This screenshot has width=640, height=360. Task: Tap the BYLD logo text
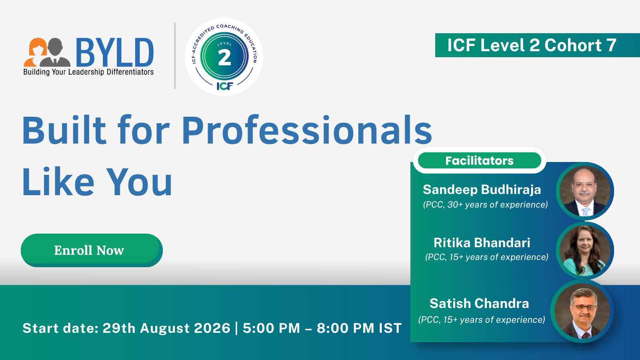[x=115, y=52]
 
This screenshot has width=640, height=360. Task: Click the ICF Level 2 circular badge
[x=224, y=56]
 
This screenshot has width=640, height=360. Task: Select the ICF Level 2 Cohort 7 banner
[x=538, y=45]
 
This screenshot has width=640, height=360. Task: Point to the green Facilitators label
[x=480, y=160]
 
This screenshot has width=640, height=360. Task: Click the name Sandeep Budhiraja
[x=482, y=190]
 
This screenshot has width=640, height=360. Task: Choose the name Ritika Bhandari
[x=482, y=242]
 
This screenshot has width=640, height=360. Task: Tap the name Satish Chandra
[x=479, y=303]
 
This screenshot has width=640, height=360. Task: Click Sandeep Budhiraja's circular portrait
[x=585, y=191]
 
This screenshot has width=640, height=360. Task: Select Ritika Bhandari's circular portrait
[x=585, y=250]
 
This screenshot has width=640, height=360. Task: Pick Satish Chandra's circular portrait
[x=582, y=311]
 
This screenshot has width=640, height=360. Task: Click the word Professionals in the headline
[x=307, y=130]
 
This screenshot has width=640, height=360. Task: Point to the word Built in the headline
[x=64, y=130]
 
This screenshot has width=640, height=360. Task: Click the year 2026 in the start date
[x=212, y=328]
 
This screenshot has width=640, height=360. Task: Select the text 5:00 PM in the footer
[x=272, y=328]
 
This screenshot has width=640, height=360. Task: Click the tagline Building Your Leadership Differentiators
[x=88, y=72]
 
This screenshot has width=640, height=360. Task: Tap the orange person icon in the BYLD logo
[x=35, y=52]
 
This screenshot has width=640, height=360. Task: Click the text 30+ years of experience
[x=498, y=204]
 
